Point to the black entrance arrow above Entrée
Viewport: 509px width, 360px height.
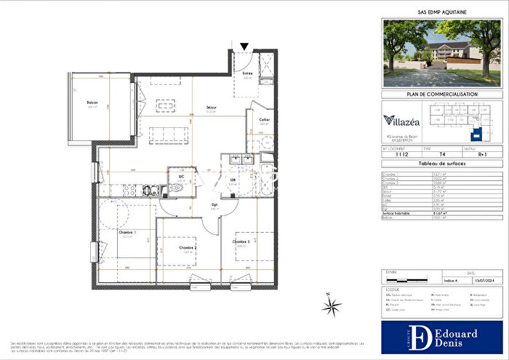244,48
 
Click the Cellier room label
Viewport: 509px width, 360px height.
265,120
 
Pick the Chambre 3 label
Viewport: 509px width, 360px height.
241,242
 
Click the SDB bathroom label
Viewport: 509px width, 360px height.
233,180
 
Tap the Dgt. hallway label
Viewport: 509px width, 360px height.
215,206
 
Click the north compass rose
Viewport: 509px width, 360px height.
332,307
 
